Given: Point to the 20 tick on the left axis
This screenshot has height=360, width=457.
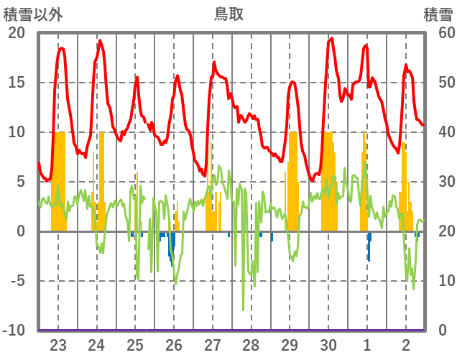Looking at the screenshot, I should (x=16, y=33).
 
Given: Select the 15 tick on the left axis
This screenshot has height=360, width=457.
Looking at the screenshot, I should (x=16, y=83).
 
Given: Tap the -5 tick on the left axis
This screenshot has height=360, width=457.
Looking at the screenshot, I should (x=16, y=281).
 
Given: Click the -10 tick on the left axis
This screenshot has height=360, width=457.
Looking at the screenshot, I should (x=14, y=330).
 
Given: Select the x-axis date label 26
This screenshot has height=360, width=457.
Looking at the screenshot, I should (x=174, y=344).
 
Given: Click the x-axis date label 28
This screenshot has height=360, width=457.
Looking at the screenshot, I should (x=251, y=344).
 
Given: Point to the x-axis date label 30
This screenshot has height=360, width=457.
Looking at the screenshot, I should (x=328, y=344).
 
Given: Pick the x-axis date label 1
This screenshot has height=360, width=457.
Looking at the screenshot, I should (x=367, y=344).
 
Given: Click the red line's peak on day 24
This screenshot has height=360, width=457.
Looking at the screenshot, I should (x=100, y=40).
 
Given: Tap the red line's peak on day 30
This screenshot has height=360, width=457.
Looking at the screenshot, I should (x=331, y=39).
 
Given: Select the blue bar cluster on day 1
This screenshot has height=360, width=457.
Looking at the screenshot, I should (x=369, y=246).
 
